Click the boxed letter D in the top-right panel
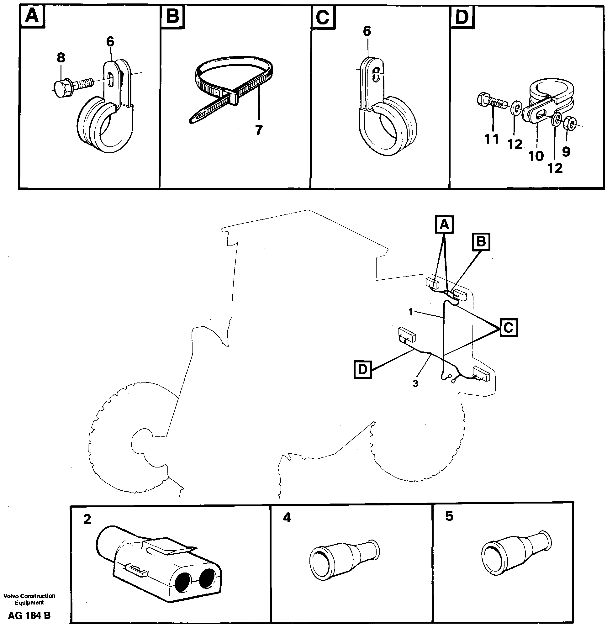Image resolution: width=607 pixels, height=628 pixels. (462, 17)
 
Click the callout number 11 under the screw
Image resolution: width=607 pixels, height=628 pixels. (492, 139)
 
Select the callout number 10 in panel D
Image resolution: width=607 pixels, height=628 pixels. (536, 156)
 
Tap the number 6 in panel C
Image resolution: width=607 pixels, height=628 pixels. (367, 31)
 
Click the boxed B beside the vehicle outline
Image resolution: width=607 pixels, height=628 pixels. (481, 242)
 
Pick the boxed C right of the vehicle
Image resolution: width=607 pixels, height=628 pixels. (509, 327)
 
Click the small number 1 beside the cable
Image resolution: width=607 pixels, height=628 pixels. (410, 312)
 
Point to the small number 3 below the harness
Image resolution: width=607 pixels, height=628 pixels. (415, 383)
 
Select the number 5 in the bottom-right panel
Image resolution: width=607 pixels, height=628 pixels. (450, 516)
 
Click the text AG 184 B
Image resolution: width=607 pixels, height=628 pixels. (29, 615)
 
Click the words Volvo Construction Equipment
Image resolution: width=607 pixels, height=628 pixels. (29, 599)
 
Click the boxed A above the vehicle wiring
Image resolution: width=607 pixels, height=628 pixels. (444, 224)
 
